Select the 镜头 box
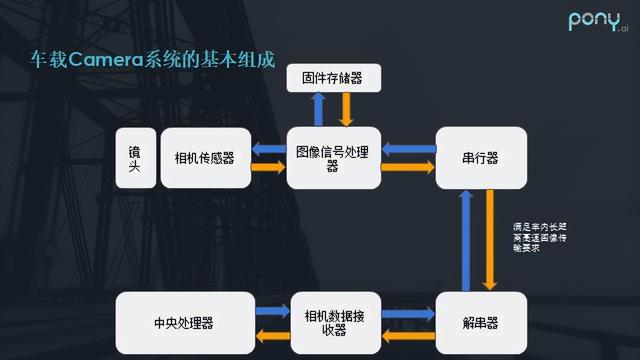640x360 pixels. (x=134, y=158)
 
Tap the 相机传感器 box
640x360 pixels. (x=204, y=158)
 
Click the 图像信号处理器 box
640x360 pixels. (x=333, y=158)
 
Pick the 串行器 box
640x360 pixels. (x=481, y=158)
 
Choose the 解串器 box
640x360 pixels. (x=481, y=323)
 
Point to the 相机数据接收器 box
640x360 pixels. (x=333, y=323)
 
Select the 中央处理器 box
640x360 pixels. (x=185, y=323)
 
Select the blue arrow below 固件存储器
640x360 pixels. (x=317, y=109)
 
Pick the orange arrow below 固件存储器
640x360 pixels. (x=346, y=109)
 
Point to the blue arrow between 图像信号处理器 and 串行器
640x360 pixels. (x=408, y=149)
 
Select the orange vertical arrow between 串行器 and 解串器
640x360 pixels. (x=491, y=240)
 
